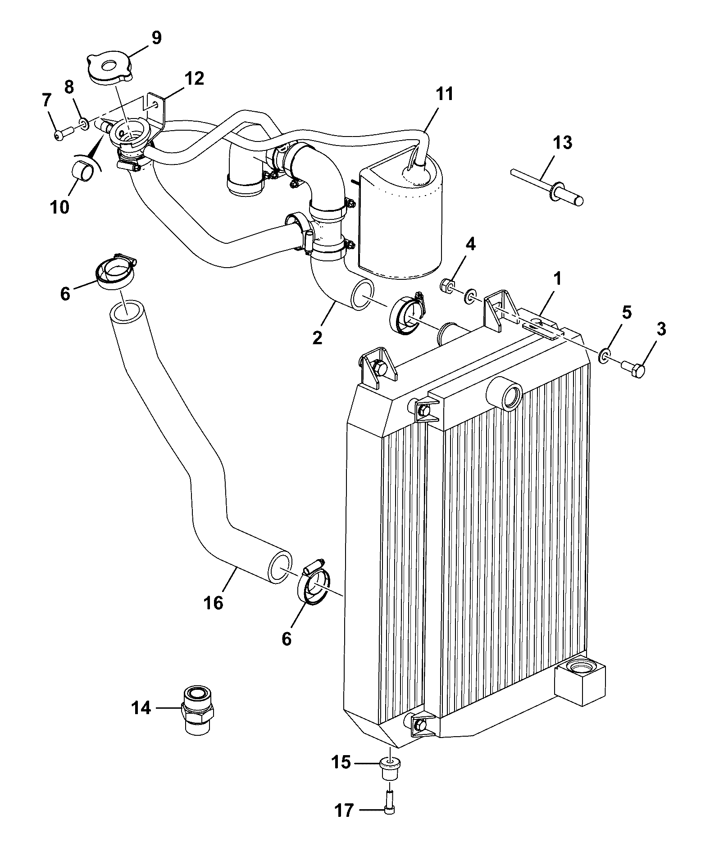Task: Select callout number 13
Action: coord(563,142)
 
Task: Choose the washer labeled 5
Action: coord(604,355)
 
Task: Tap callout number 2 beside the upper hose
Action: coord(317,337)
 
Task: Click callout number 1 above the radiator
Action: coord(558,278)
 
